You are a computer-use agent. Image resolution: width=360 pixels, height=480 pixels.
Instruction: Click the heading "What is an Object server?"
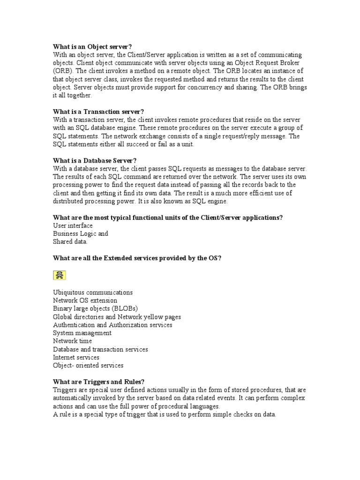coord(92,46)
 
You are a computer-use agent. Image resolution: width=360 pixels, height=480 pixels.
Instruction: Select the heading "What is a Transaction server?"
coord(98,112)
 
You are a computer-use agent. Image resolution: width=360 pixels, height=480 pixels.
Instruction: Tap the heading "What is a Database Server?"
coord(95,160)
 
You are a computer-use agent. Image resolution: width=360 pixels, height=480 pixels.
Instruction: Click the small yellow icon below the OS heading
coord(60,275)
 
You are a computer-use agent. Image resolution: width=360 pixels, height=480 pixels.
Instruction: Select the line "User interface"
coord(73,225)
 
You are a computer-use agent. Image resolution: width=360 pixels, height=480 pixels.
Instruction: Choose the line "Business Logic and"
coord(81,233)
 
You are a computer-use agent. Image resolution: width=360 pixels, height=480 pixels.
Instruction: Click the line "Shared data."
coord(70,241)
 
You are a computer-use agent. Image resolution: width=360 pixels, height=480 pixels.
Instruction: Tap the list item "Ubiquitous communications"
coord(93,292)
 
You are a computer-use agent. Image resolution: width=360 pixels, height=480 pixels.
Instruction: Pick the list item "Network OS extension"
coord(85,300)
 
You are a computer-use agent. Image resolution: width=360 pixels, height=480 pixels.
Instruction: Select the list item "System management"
coord(82,333)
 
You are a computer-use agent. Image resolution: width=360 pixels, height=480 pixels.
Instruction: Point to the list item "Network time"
coord(72,341)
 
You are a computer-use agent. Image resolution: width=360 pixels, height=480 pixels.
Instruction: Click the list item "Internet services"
coord(76,357)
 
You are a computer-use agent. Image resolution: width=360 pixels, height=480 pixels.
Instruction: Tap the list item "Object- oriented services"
coord(88,365)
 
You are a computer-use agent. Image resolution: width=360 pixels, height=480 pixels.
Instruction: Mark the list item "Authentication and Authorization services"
coord(112,324)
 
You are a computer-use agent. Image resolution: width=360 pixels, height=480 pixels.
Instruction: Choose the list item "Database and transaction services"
coord(100,349)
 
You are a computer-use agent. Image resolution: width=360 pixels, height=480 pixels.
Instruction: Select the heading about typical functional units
coord(168,217)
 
